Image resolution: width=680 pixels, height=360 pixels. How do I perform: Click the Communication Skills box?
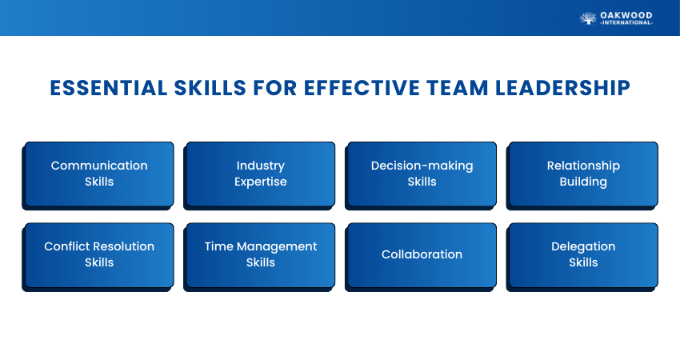(x=99, y=174)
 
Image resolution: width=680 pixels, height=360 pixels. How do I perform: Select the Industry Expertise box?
(x=261, y=174)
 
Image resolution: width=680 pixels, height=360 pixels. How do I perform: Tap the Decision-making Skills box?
(x=422, y=174)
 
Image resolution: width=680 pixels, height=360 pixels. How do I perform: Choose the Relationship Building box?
(x=583, y=174)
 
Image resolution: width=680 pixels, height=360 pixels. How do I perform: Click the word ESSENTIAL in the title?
(x=109, y=88)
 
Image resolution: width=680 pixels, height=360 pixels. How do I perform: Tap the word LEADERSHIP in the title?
(x=563, y=88)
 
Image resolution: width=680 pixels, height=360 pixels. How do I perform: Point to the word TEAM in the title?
(x=458, y=88)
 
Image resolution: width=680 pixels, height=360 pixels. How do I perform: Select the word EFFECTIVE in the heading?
(x=362, y=88)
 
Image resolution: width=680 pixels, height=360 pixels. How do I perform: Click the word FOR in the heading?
(x=275, y=88)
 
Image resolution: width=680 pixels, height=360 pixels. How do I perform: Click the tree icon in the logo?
(x=588, y=18)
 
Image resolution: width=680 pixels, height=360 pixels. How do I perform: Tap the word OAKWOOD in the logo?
(x=626, y=16)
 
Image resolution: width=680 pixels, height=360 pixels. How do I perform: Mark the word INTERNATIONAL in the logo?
(x=626, y=22)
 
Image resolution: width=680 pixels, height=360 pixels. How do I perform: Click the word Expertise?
(x=261, y=182)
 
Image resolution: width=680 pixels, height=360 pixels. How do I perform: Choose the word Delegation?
(x=583, y=246)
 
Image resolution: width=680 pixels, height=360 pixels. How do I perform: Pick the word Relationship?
(x=583, y=166)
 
